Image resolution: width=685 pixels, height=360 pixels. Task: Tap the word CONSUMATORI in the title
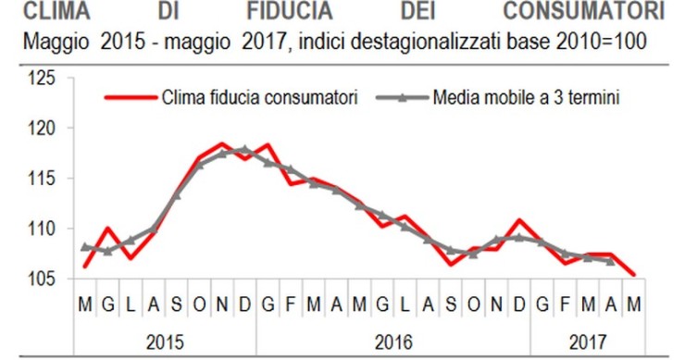[584, 12]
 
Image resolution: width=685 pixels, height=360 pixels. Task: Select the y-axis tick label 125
[44, 79]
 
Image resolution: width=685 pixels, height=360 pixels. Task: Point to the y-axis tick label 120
[44, 129]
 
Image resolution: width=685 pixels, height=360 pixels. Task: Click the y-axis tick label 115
[44, 178]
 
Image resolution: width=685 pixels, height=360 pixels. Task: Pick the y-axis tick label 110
[44, 228]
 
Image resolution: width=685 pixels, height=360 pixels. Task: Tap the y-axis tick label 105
[44, 278]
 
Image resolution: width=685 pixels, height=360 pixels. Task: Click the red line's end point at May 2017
[633, 274]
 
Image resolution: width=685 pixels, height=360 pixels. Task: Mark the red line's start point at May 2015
[85, 266]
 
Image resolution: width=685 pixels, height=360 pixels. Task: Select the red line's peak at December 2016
[519, 220]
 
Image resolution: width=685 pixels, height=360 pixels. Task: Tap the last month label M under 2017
[633, 302]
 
